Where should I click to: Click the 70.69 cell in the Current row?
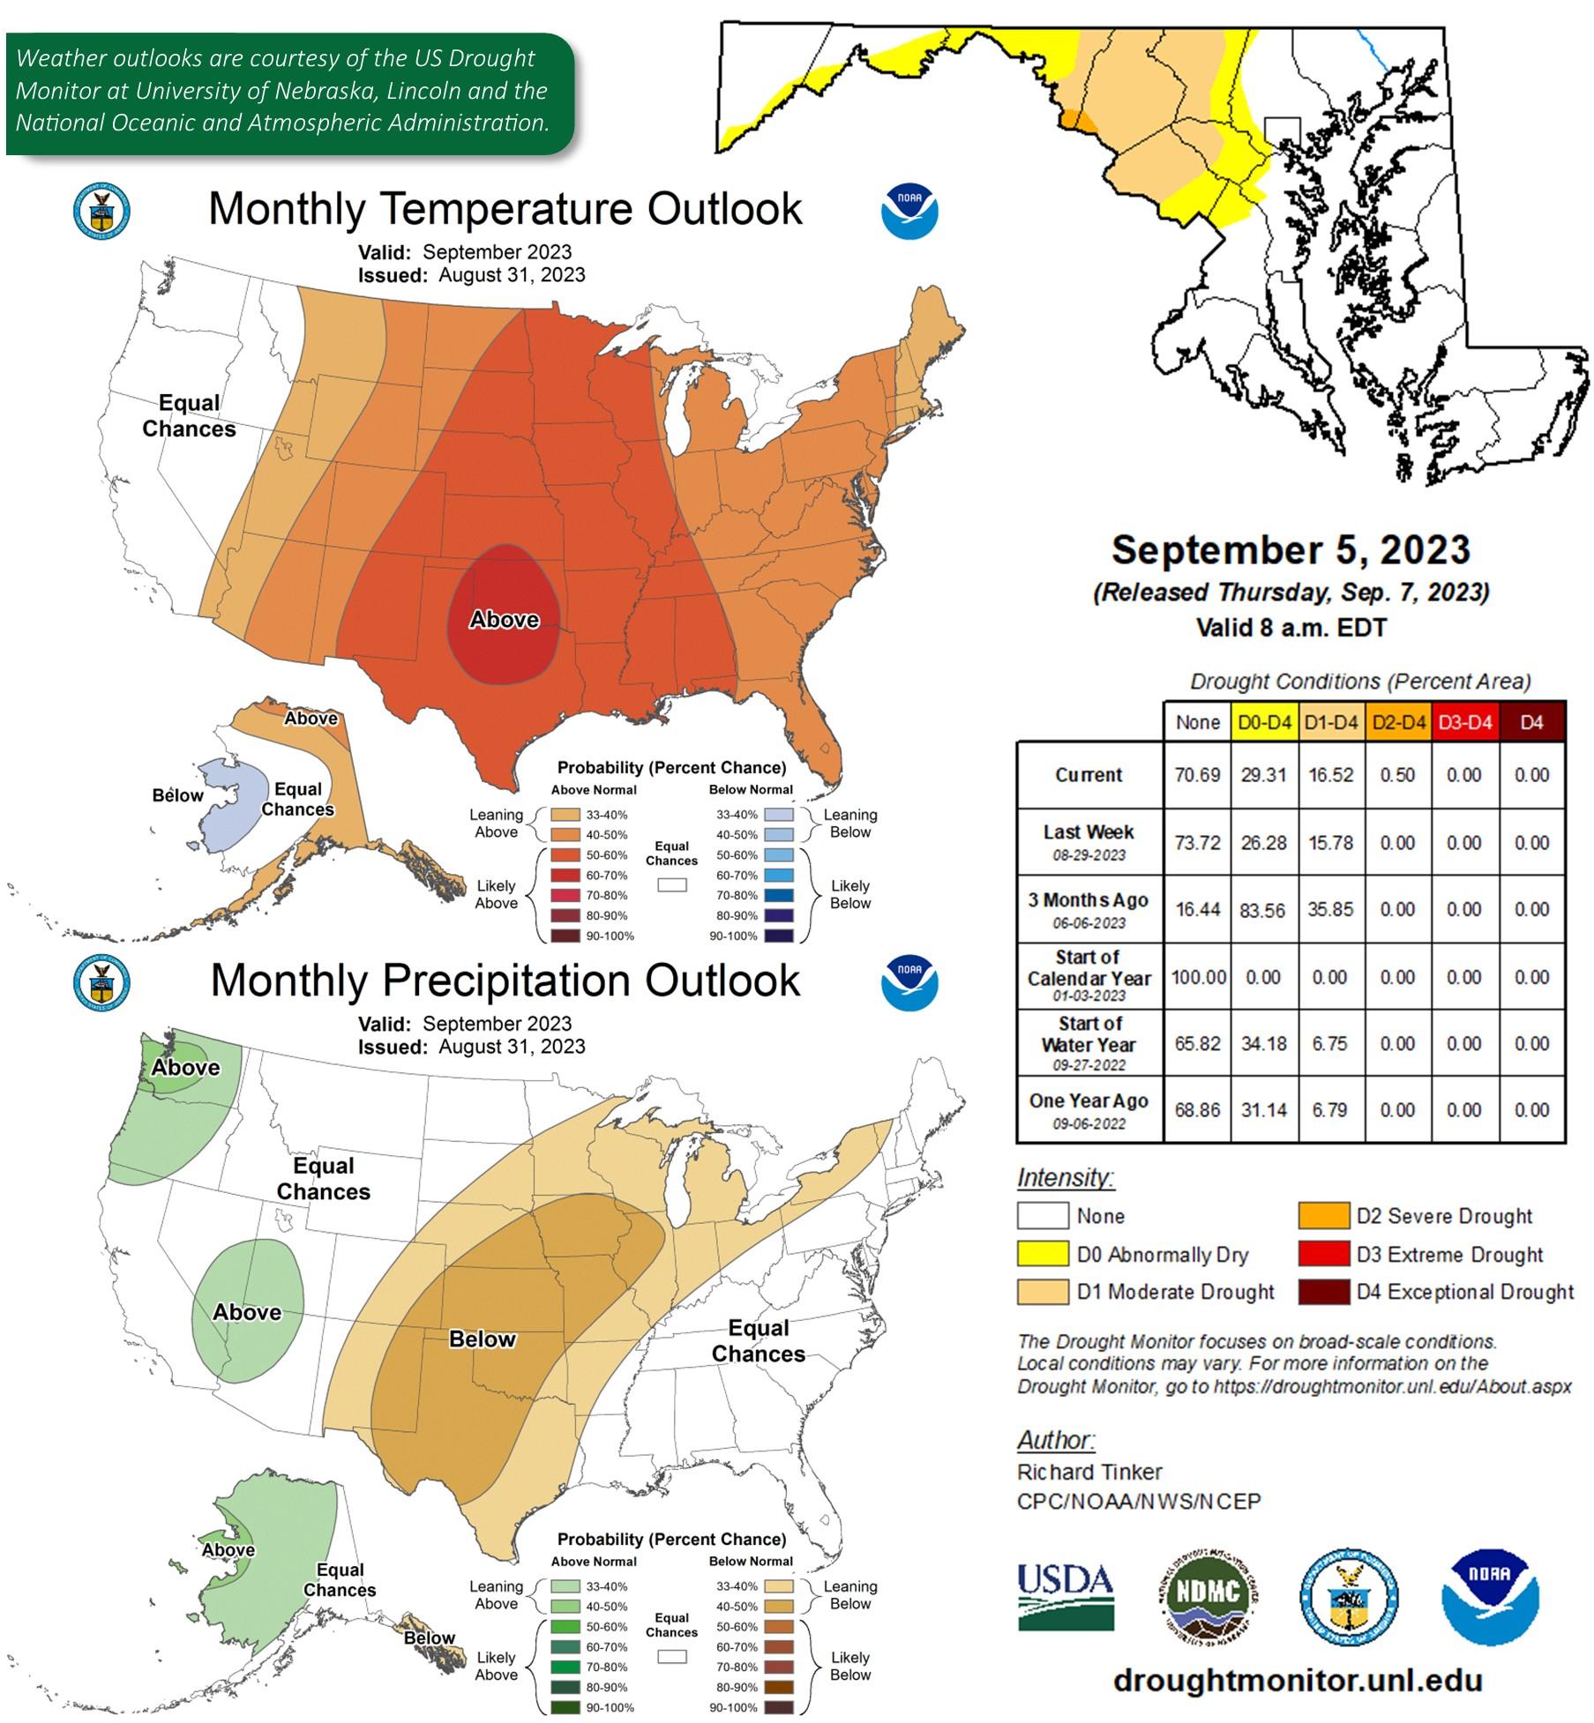1197,775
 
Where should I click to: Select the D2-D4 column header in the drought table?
1398,722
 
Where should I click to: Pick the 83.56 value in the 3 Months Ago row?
1263,910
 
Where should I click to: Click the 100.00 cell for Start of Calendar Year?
1198,977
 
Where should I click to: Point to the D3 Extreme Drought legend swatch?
1323,1253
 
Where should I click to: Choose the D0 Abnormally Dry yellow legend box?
1042,1253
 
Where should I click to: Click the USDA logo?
1065,1596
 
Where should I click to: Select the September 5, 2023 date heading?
1291,549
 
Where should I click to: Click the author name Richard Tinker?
1089,1472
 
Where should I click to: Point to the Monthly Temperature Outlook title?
505,209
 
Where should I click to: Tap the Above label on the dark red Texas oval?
504,620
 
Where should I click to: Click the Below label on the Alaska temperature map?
177,795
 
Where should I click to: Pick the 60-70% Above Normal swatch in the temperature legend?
565,876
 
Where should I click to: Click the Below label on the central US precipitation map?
482,1339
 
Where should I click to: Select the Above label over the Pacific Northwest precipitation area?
185,1068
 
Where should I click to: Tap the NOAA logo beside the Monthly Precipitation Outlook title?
909,982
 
